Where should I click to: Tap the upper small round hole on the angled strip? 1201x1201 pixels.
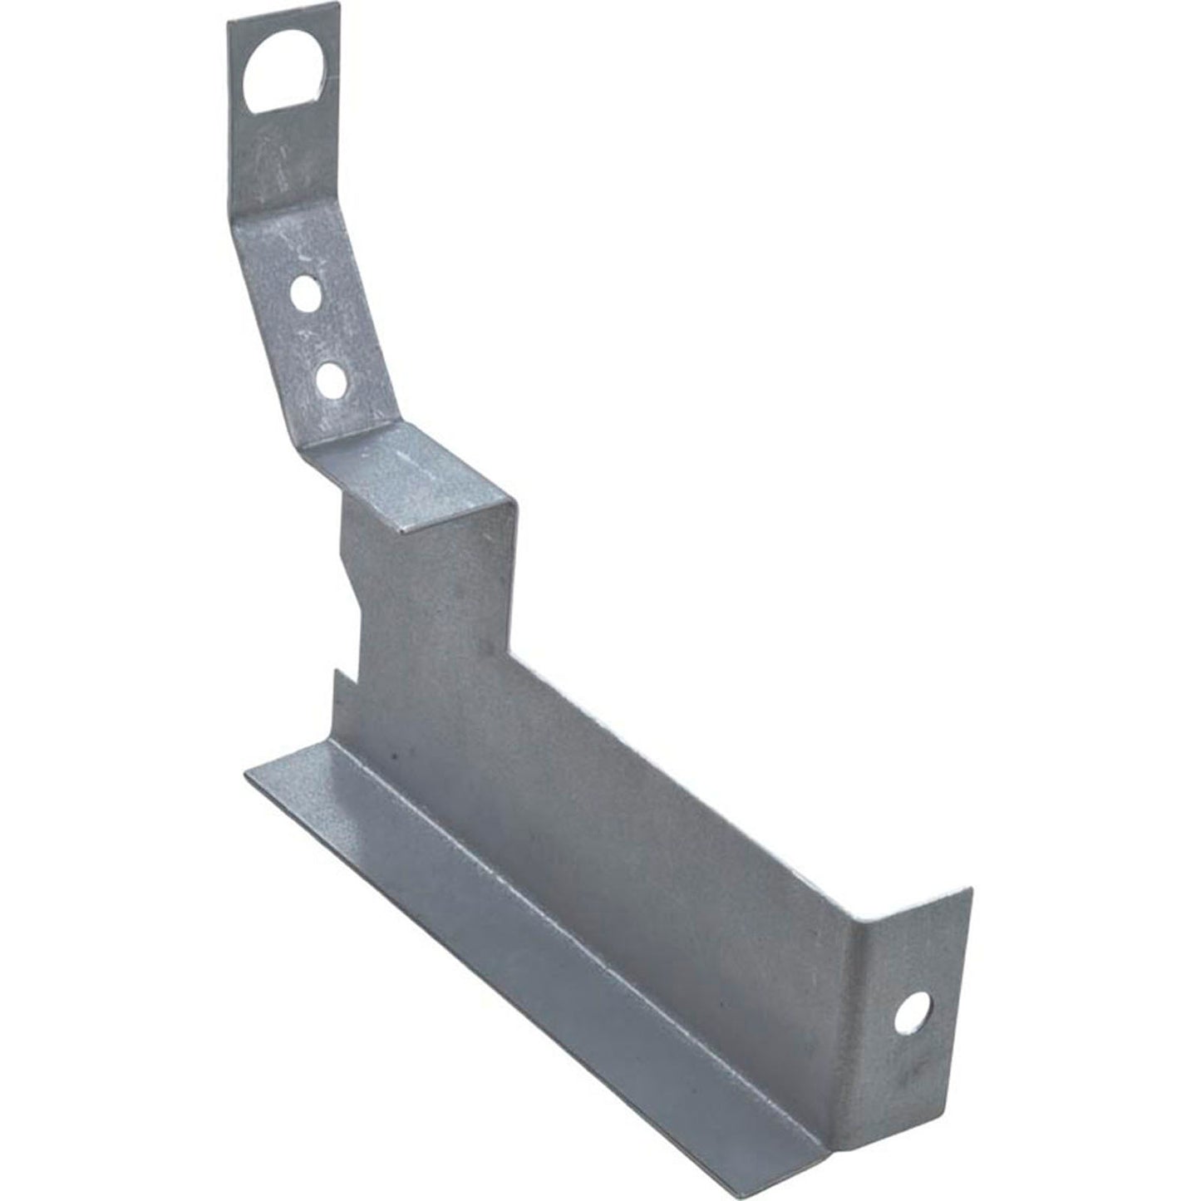(x=306, y=294)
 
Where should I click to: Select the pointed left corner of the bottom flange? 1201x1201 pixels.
(x=246, y=777)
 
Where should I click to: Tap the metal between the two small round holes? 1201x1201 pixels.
(x=318, y=337)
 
